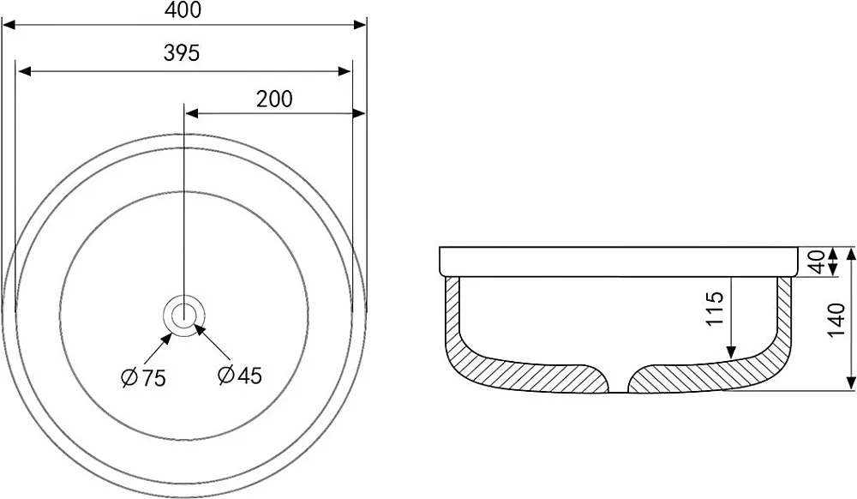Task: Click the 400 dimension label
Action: click(x=184, y=9)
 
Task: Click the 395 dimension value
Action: click(x=182, y=53)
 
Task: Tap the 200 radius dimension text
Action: click(x=274, y=99)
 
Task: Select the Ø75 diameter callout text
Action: click(x=143, y=377)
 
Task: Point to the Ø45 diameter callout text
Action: click(x=239, y=375)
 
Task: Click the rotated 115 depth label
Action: click(x=715, y=309)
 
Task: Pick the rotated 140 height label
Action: click(x=837, y=320)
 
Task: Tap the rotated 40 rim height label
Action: click(x=818, y=262)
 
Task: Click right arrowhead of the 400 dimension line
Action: click(x=360, y=25)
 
